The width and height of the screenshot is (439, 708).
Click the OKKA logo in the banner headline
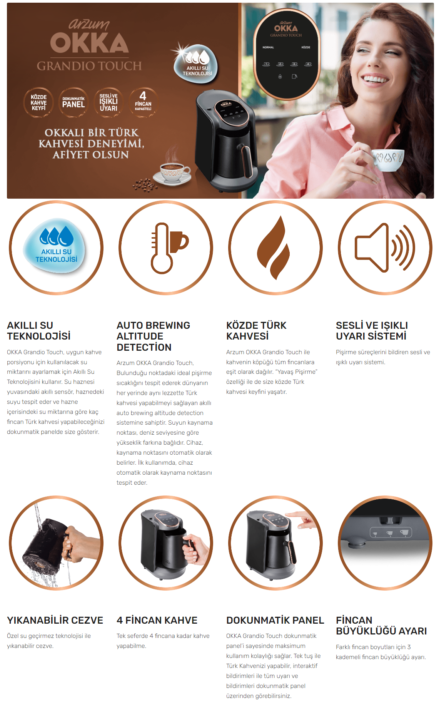tap(89, 42)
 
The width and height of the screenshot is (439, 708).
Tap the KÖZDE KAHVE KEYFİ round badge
tap(38, 103)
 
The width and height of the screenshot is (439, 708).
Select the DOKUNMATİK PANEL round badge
tap(73, 103)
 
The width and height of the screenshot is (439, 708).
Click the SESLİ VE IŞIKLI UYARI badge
tap(108, 103)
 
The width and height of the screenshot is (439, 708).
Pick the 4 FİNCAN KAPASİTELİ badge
tap(143, 103)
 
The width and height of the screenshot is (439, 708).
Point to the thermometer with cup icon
tap(169, 248)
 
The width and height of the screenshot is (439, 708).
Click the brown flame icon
tap(274, 248)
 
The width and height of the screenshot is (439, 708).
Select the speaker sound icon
tap(385, 248)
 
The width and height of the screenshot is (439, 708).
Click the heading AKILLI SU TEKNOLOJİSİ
tap(39, 331)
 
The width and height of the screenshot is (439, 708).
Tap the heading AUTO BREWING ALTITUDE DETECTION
tap(153, 336)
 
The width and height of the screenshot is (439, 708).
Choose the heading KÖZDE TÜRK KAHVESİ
tap(256, 331)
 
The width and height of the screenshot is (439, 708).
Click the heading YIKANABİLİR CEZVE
tap(55, 620)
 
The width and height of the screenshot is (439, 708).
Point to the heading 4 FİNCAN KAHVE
tap(157, 620)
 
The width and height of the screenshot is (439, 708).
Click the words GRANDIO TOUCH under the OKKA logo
tap(89, 66)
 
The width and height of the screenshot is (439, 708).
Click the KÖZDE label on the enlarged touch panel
tap(306, 47)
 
